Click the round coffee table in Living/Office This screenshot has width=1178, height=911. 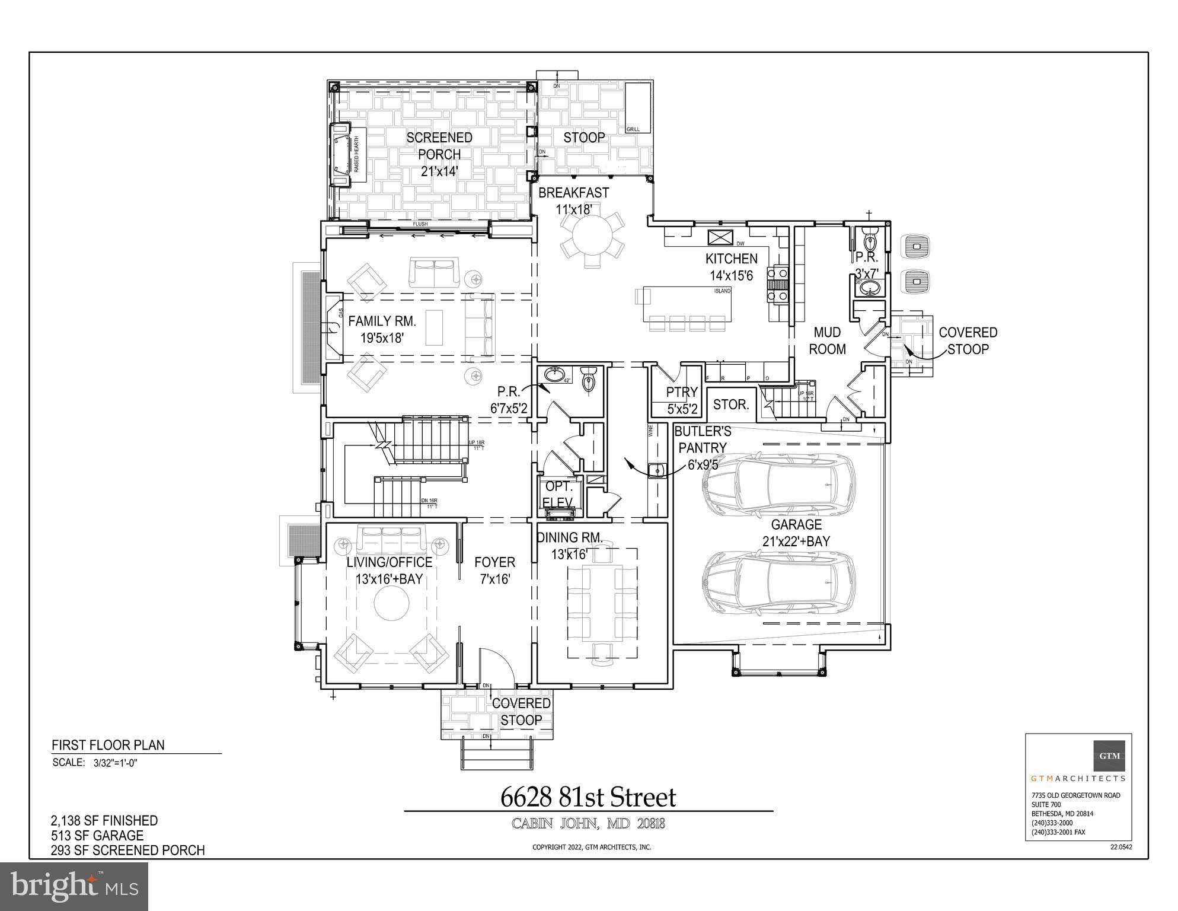tap(391, 604)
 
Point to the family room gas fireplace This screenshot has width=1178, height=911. tap(333, 327)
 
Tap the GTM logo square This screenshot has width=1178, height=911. tap(1109, 756)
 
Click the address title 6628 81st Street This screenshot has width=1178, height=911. tap(588, 797)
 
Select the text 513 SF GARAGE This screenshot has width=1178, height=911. tap(97, 835)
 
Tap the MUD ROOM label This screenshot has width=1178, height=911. tap(827, 341)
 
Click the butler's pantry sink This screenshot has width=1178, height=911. tap(656, 470)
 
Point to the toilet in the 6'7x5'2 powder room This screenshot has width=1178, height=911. tap(588, 380)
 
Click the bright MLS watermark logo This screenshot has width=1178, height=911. tap(74, 886)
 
